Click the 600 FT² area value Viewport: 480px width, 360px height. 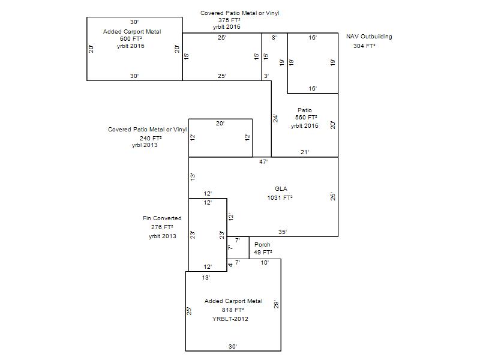click(x=131, y=38)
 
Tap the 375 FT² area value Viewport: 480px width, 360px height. click(x=229, y=20)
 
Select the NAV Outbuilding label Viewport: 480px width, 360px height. click(x=369, y=37)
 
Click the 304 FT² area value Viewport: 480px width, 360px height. click(x=364, y=46)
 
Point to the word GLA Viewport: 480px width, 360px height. click(x=281, y=189)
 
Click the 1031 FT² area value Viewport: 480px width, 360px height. click(x=280, y=198)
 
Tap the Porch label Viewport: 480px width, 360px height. click(x=262, y=245)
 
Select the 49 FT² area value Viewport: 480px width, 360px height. click(x=263, y=252)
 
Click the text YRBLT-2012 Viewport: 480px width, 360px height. click(x=230, y=319)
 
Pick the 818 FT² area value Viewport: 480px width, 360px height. click(x=233, y=310)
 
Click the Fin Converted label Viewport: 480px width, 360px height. click(x=162, y=218)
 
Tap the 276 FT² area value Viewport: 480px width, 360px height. click(x=162, y=227)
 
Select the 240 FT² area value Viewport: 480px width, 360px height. click(x=151, y=139)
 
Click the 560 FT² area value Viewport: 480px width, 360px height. click(x=306, y=117)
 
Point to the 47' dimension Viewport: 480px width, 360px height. click(x=263, y=161)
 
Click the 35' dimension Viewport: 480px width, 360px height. click(x=283, y=232)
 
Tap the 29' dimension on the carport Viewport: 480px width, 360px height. click(x=277, y=304)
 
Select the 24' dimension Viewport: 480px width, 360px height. click(x=275, y=118)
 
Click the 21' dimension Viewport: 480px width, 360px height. click(x=305, y=152)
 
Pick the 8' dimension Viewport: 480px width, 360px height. click(x=274, y=37)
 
